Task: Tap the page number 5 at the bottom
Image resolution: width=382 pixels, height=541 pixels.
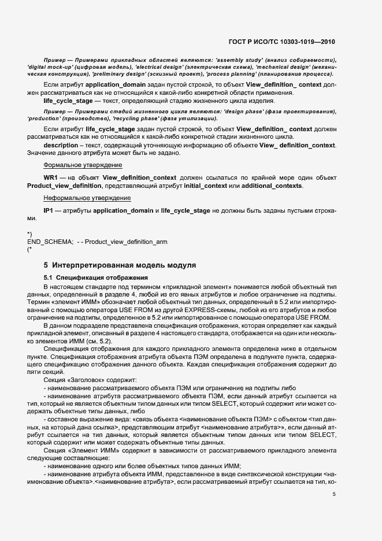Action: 334,494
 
